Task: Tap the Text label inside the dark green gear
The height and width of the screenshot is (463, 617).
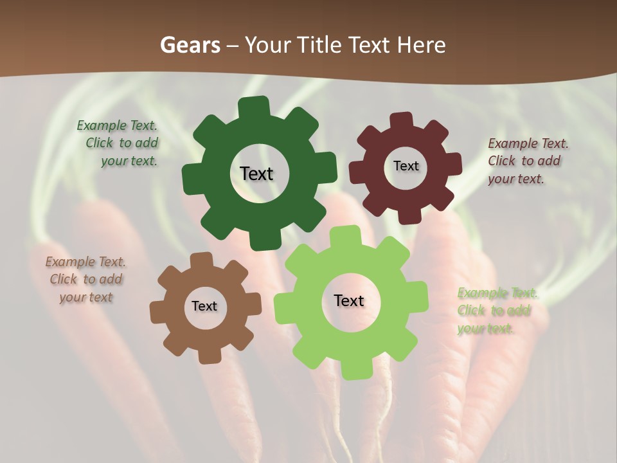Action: (x=256, y=174)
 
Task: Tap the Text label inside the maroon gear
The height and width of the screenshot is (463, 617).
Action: (x=406, y=166)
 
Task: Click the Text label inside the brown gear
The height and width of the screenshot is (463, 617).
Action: (x=204, y=306)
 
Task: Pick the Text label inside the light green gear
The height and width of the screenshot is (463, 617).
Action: (x=349, y=300)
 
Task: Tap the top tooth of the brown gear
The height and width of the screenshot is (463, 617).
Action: (x=201, y=260)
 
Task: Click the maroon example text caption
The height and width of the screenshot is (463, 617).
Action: (x=527, y=161)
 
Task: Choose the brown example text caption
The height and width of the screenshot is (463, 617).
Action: (x=85, y=279)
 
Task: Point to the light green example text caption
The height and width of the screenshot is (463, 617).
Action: (x=496, y=311)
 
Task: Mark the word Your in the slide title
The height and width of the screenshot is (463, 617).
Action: (x=269, y=46)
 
